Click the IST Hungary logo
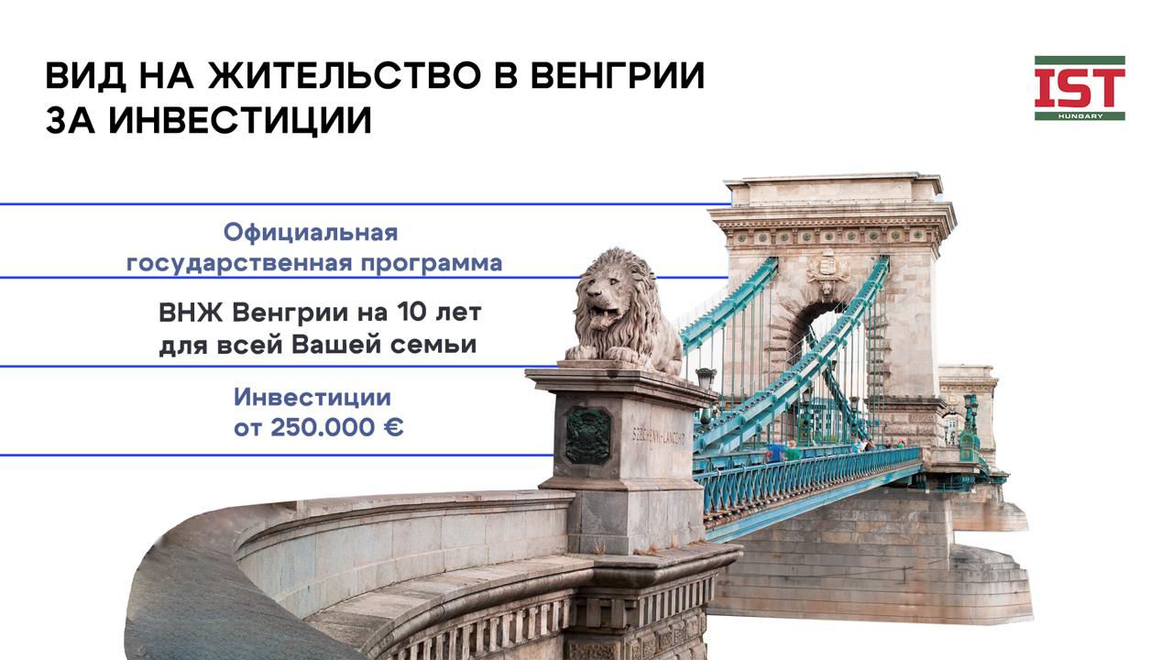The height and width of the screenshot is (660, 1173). pos(1080,88)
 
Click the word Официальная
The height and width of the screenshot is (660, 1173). pos(311,233)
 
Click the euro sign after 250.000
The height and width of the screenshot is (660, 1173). pos(392,427)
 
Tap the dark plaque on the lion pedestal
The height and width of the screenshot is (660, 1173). pos(587,435)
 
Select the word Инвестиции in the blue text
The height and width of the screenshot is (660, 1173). pos(312,398)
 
